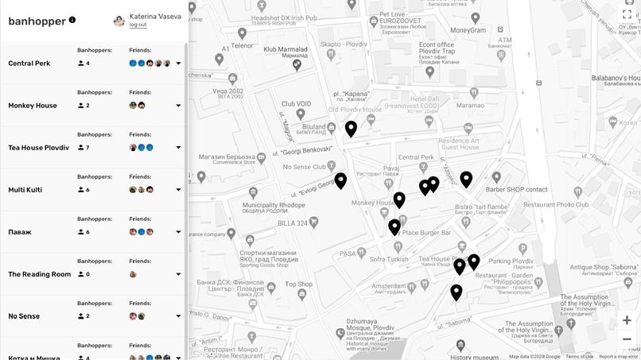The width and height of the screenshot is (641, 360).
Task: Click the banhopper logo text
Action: [37, 21]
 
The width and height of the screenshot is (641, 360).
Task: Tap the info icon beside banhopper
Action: [72, 20]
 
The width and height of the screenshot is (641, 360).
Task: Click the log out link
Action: [138, 25]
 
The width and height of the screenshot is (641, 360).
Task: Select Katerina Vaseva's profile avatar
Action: [119, 20]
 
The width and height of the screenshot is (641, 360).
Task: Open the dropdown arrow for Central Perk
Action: [178, 64]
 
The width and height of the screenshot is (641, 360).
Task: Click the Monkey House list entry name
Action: [33, 106]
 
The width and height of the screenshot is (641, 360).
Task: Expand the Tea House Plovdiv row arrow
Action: [178, 148]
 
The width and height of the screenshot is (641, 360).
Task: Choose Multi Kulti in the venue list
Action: [25, 190]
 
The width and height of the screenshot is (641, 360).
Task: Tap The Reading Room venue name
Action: [40, 274]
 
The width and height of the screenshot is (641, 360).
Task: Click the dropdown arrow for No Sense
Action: [178, 316]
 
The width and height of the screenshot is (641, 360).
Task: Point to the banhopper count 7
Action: [87, 148]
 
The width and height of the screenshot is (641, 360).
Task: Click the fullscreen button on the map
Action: [627, 14]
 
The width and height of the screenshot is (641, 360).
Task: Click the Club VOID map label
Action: [296, 103]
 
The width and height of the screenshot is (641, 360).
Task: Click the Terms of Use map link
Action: [579, 357]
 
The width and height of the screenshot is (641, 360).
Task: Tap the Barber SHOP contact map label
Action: [517, 190]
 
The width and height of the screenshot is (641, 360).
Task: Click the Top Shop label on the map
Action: [299, 284]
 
